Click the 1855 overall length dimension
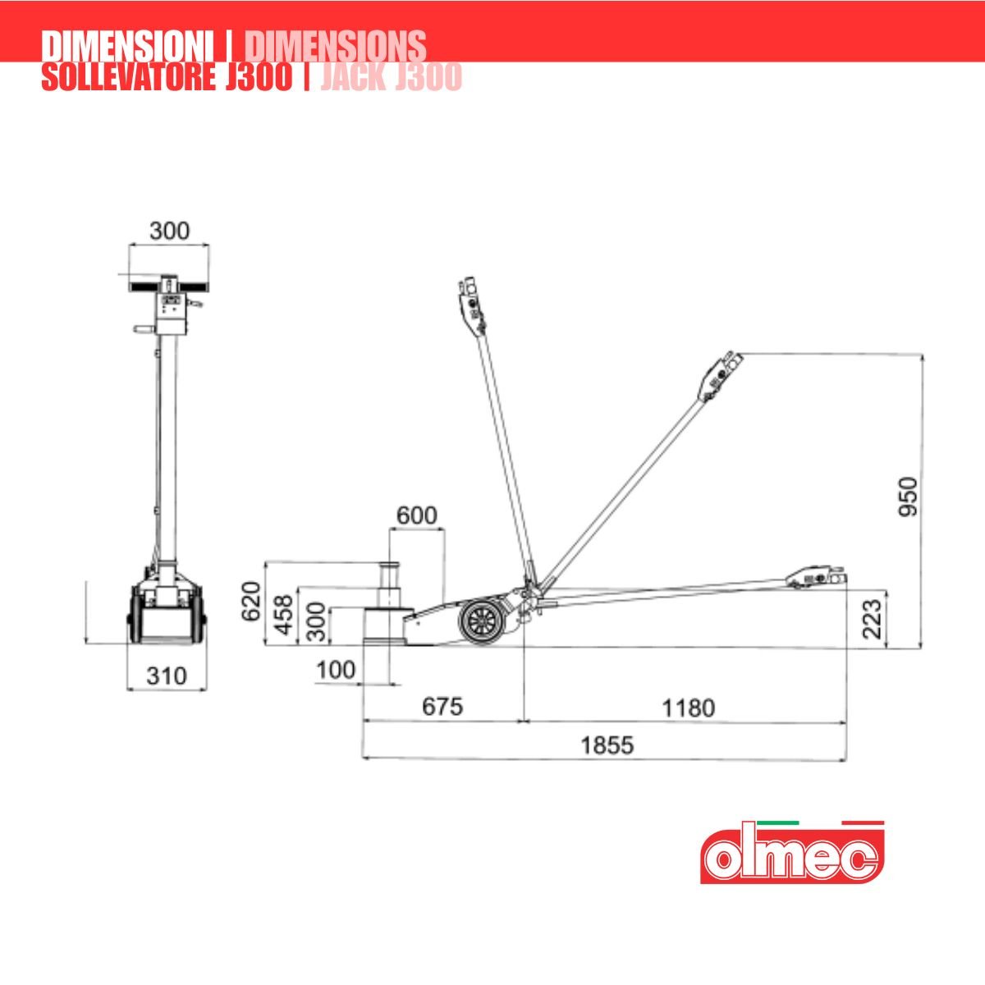(607, 745)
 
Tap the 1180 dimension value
(688, 708)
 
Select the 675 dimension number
(442, 707)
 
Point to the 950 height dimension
(909, 497)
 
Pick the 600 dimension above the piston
(417, 515)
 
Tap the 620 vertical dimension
(251, 601)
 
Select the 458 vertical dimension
(285, 615)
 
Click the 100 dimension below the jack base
(336, 670)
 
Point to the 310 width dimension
(167, 676)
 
